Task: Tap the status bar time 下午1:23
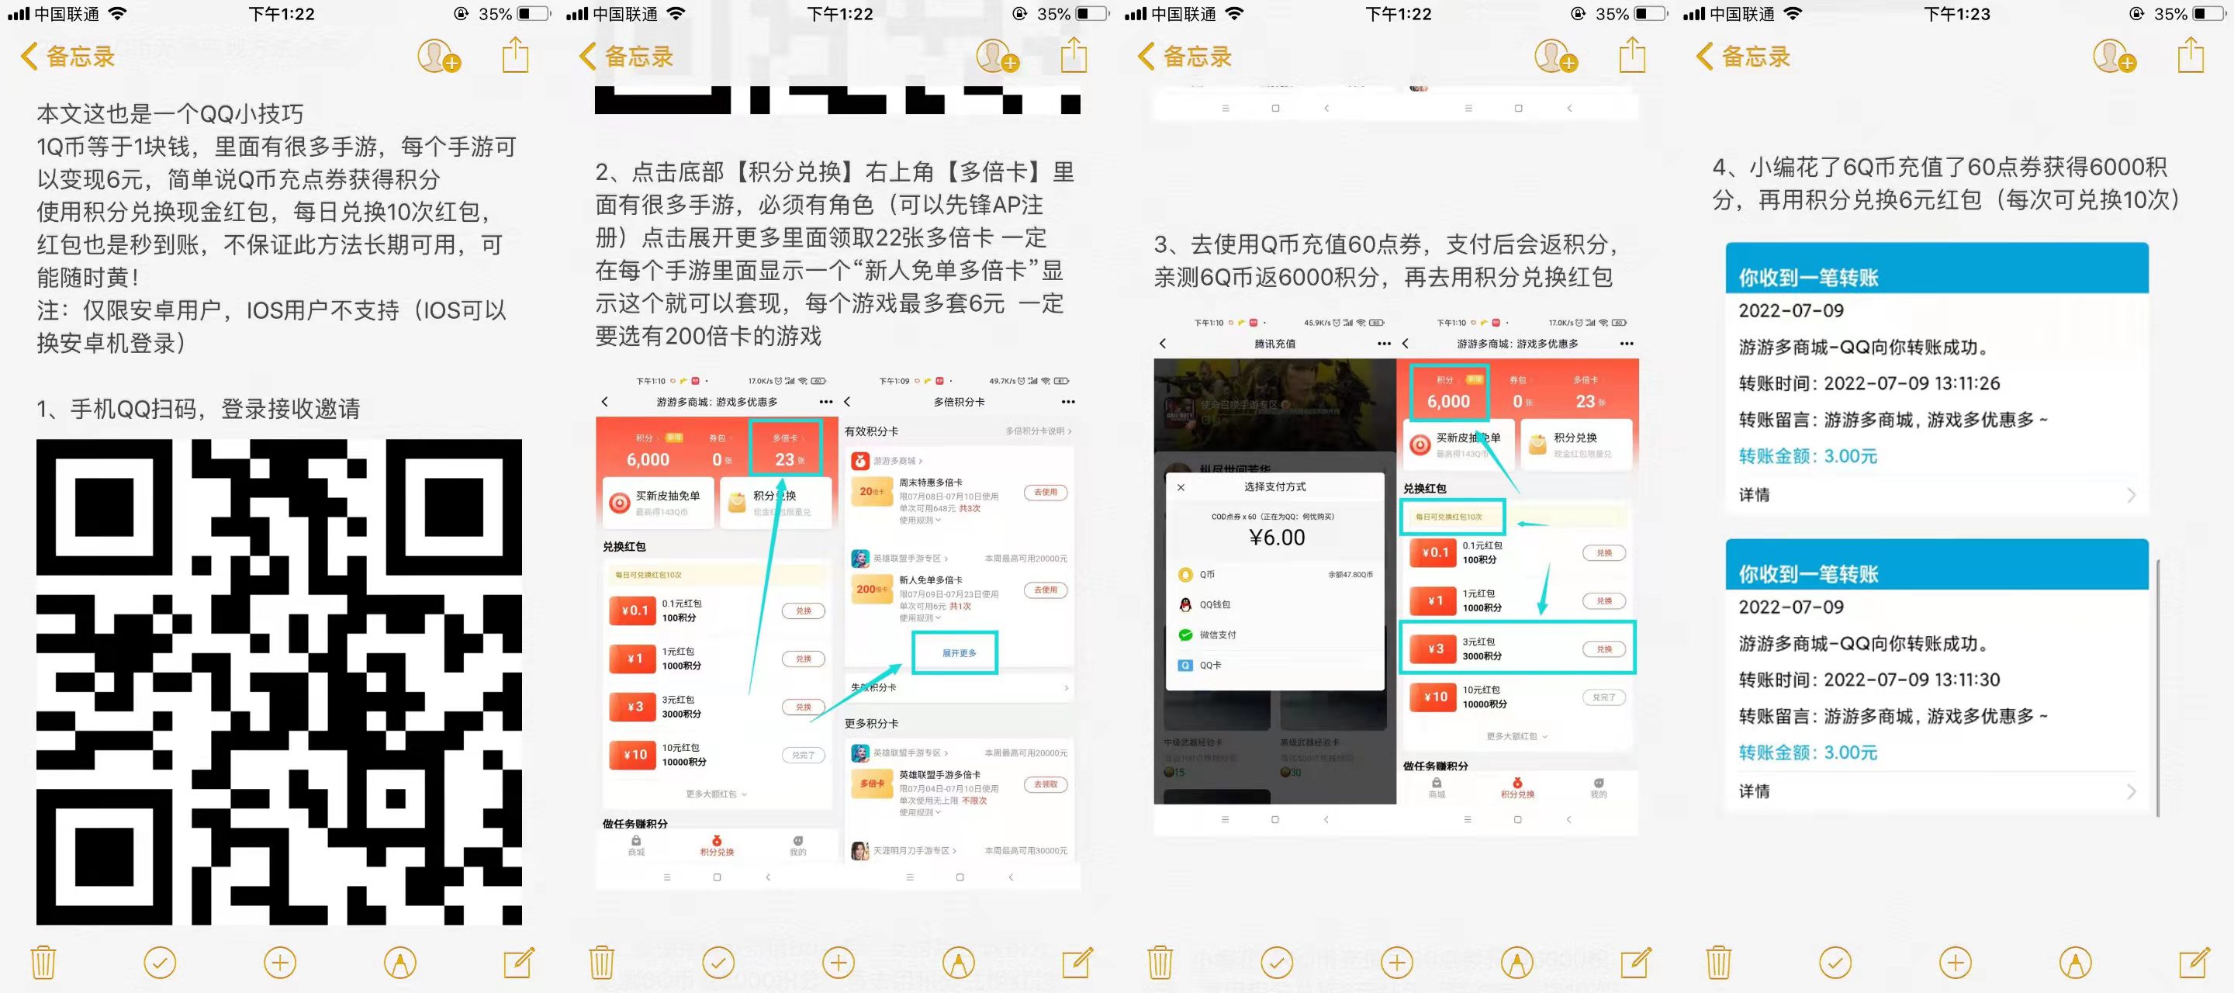pyautogui.click(x=1956, y=14)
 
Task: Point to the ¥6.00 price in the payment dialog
pyautogui.click(x=1277, y=538)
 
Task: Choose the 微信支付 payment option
pyautogui.click(x=1217, y=635)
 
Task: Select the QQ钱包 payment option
pyautogui.click(x=1214, y=604)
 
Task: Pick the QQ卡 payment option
pyautogui.click(x=1210, y=665)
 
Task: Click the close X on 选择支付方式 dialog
pyautogui.click(x=1181, y=487)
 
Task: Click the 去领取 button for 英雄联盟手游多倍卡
pyautogui.click(x=1045, y=784)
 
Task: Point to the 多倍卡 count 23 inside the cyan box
pyautogui.click(x=785, y=459)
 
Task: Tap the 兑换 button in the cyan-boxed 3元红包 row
pyautogui.click(x=1603, y=649)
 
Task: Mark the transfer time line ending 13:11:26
pyautogui.click(x=1869, y=383)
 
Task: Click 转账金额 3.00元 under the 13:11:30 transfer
pyautogui.click(x=1807, y=753)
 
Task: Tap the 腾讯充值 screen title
pyautogui.click(x=1274, y=344)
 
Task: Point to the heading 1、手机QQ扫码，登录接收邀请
pyautogui.click(x=198, y=409)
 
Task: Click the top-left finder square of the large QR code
pyautogui.click(x=104, y=507)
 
